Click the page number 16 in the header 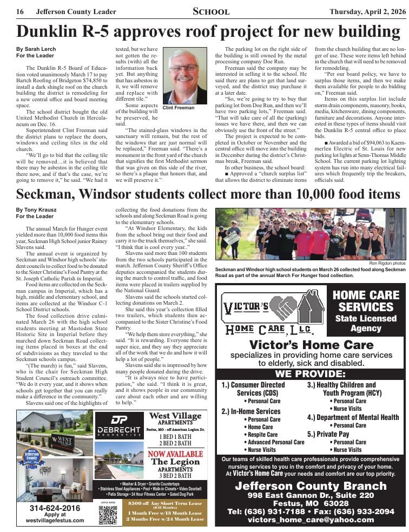[x=19, y=11]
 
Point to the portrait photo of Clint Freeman [x=184, y=77]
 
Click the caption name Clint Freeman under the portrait [x=179, y=108]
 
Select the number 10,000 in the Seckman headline [x=288, y=194]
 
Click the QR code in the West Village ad [x=108, y=513]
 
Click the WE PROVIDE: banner [x=310, y=374]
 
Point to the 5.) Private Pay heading [x=328, y=434]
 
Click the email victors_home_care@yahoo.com [x=311, y=520]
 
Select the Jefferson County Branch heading [x=311, y=485]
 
